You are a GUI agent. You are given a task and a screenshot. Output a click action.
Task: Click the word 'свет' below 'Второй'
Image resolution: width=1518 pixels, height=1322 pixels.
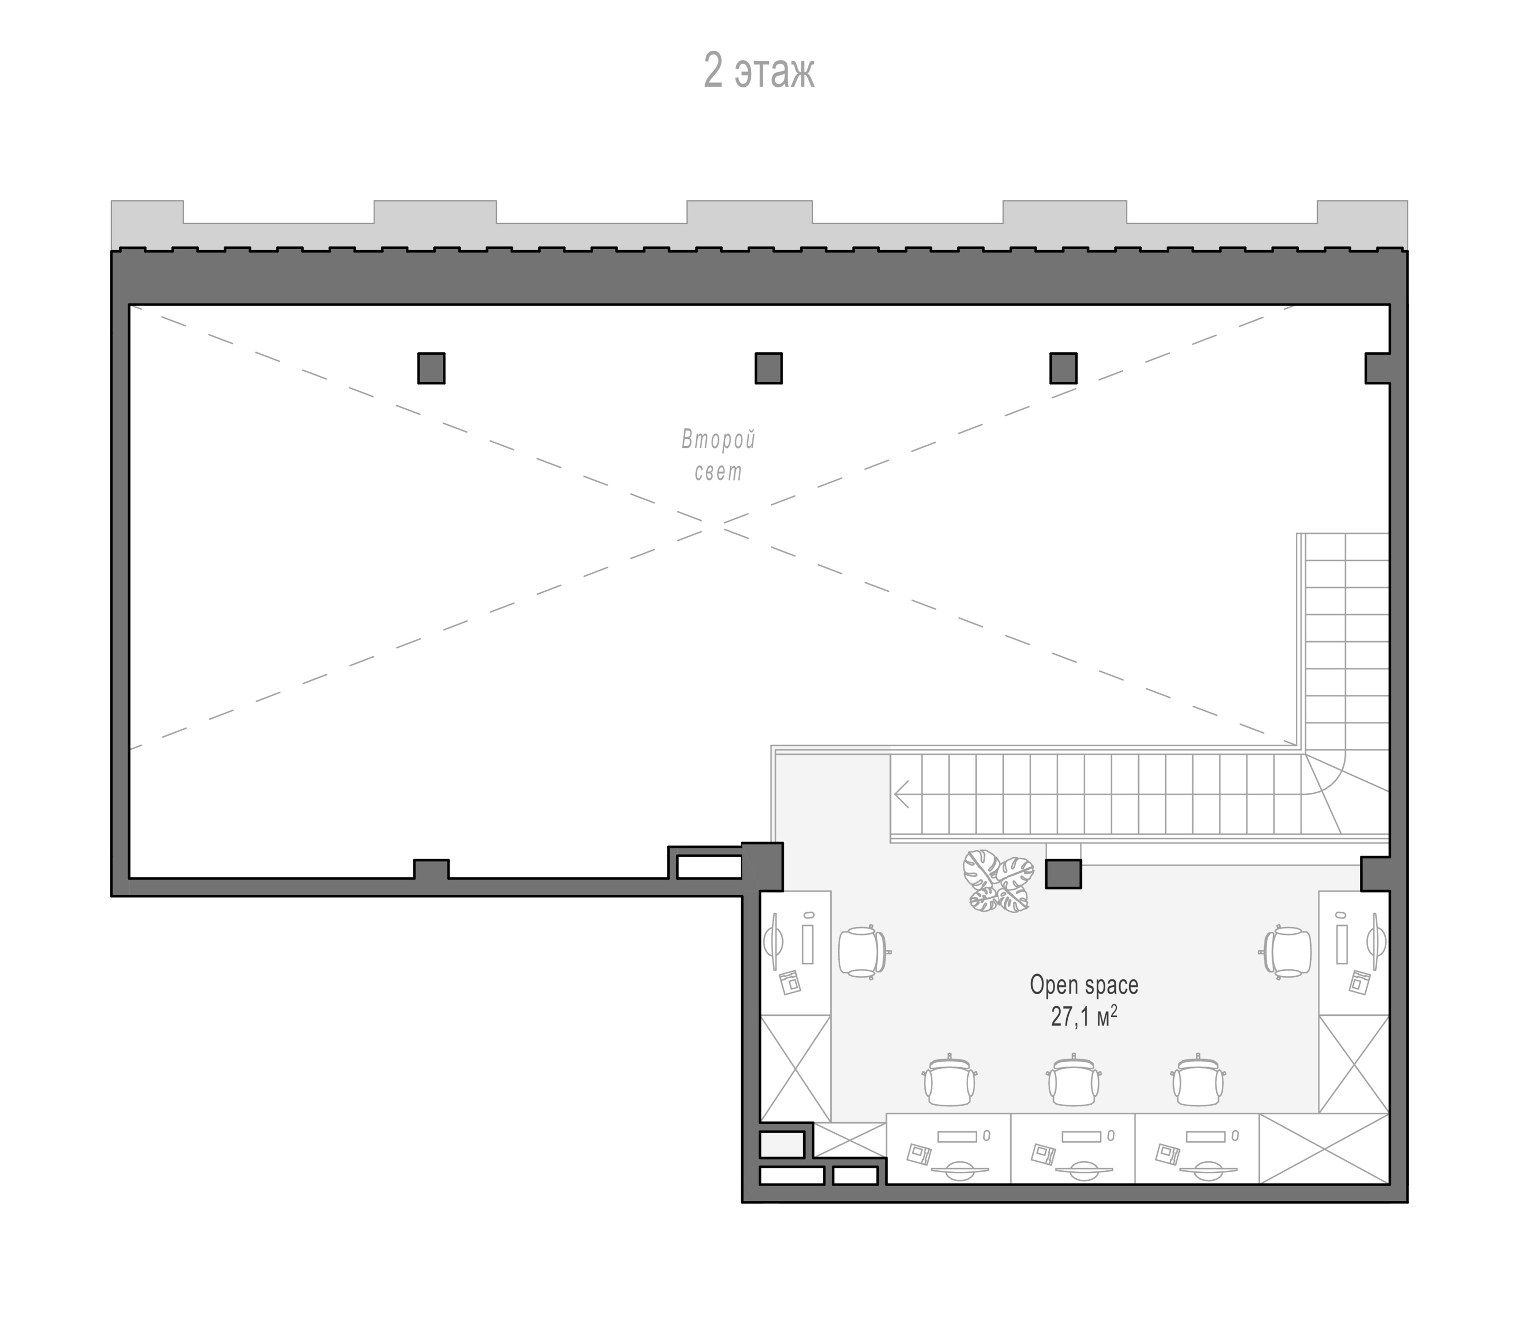click(718, 472)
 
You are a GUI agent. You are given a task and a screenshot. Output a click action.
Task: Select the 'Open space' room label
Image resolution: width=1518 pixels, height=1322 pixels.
click(1083, 986)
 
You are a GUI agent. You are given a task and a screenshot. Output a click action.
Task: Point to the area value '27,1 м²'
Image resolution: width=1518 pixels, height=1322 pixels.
click(1083, 1016)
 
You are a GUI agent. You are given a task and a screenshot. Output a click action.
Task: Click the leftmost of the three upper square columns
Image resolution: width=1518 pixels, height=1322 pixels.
click(431, 368)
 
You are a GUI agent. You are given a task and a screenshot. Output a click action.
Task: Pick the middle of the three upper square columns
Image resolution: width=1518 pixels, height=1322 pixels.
click(768, 368)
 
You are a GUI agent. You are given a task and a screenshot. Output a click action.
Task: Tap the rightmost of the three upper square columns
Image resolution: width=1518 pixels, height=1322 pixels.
click(1063, 368)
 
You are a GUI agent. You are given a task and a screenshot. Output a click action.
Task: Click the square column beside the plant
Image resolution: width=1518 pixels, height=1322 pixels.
click(1063, 874)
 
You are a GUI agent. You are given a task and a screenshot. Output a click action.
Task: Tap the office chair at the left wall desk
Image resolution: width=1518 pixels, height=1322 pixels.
click(862, 952)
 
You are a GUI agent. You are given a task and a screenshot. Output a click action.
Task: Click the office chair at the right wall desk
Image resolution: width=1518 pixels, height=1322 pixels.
click(1287, 952)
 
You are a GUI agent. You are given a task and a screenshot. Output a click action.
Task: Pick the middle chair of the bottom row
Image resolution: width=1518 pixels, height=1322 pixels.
click(1073, 1081)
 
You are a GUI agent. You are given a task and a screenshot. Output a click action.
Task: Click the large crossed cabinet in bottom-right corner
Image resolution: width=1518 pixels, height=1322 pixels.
click(1324, 1149)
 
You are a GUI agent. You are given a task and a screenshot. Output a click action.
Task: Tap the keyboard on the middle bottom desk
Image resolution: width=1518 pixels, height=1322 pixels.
click(1081, 1136)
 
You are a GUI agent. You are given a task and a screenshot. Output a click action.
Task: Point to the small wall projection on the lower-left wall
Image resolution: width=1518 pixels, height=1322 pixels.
click(431, 869)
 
